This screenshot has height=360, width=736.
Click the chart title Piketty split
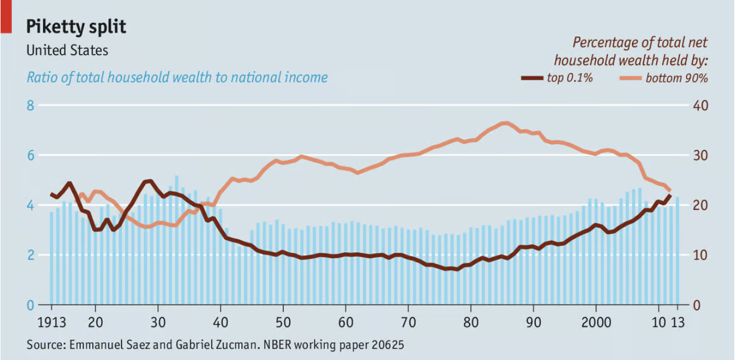click(x=77, y=26)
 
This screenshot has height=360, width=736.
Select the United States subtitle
click(x=68, y=50)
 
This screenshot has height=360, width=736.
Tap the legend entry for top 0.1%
click(x=569, y=78)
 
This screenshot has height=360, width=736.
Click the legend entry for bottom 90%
click(x=676, y=78)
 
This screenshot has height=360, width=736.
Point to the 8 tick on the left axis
click(x=31, y=106)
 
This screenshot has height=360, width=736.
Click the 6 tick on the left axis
click(x=31, y=155)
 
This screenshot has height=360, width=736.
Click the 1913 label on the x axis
click(x=51, y=323)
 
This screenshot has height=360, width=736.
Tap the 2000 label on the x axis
click(x=596, y=323)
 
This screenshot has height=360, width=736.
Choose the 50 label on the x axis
click(x=283, y=323)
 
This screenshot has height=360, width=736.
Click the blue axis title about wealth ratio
click(x=177, y=77)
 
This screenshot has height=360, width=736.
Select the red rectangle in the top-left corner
click(x=6, y=15)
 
